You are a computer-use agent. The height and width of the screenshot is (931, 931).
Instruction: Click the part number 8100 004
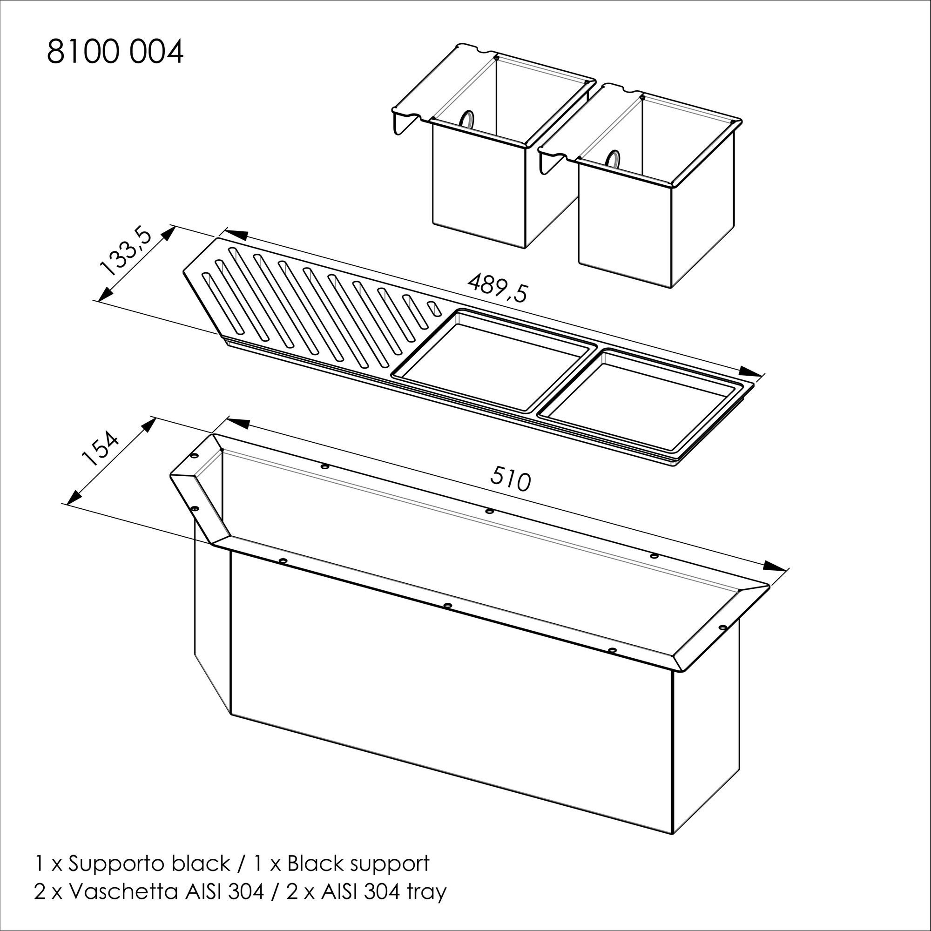(x=115, y=52)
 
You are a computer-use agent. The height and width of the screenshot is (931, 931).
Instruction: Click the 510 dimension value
(x=511, y=480)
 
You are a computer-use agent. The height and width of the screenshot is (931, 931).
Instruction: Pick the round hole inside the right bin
(x=613, y=160)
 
